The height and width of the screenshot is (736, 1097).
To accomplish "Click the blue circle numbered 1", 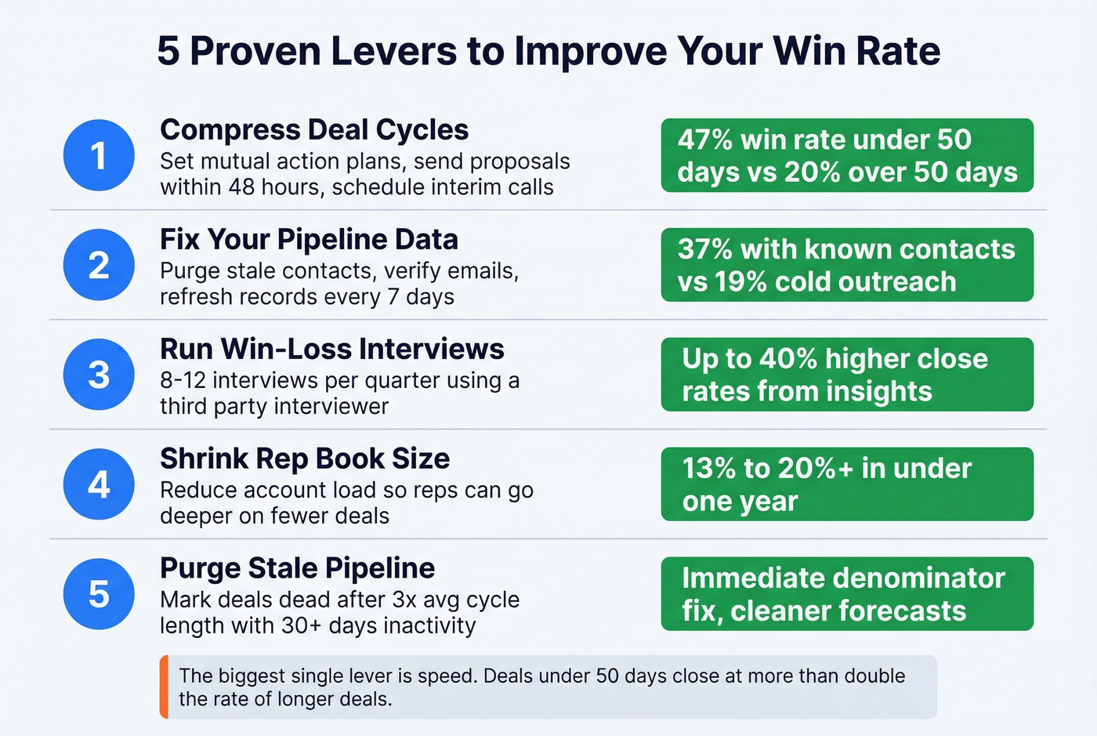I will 99,155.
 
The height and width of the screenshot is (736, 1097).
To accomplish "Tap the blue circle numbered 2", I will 99,265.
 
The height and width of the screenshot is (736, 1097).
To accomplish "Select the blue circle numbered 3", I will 99,375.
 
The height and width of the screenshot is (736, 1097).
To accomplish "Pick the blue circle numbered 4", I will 99,484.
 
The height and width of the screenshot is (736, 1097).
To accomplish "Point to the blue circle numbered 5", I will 99,594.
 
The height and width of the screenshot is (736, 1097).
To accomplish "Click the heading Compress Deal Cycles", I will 314,129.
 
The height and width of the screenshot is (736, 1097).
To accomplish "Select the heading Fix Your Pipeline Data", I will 309,239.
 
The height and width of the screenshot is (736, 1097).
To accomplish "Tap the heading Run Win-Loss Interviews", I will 332,349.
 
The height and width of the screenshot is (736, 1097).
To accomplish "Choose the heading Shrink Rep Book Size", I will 305,459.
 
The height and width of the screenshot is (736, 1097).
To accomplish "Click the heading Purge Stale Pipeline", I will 297,568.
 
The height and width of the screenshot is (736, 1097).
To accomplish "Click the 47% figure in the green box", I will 705,140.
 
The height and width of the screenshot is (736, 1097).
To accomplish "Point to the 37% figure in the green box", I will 705,249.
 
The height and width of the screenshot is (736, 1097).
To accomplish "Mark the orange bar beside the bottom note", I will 164,687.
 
